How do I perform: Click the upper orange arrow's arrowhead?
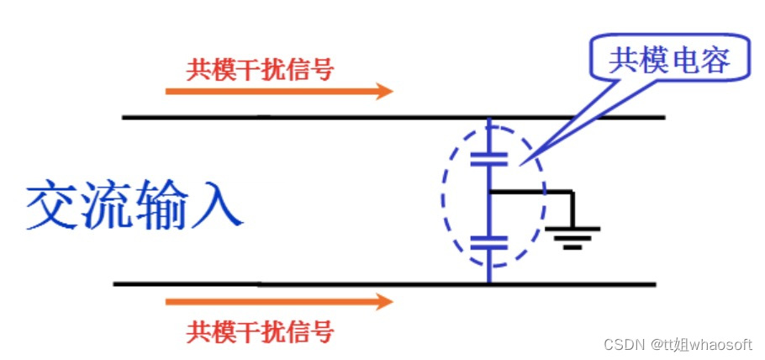pos(384,90)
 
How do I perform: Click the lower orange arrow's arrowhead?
pos(384,301)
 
